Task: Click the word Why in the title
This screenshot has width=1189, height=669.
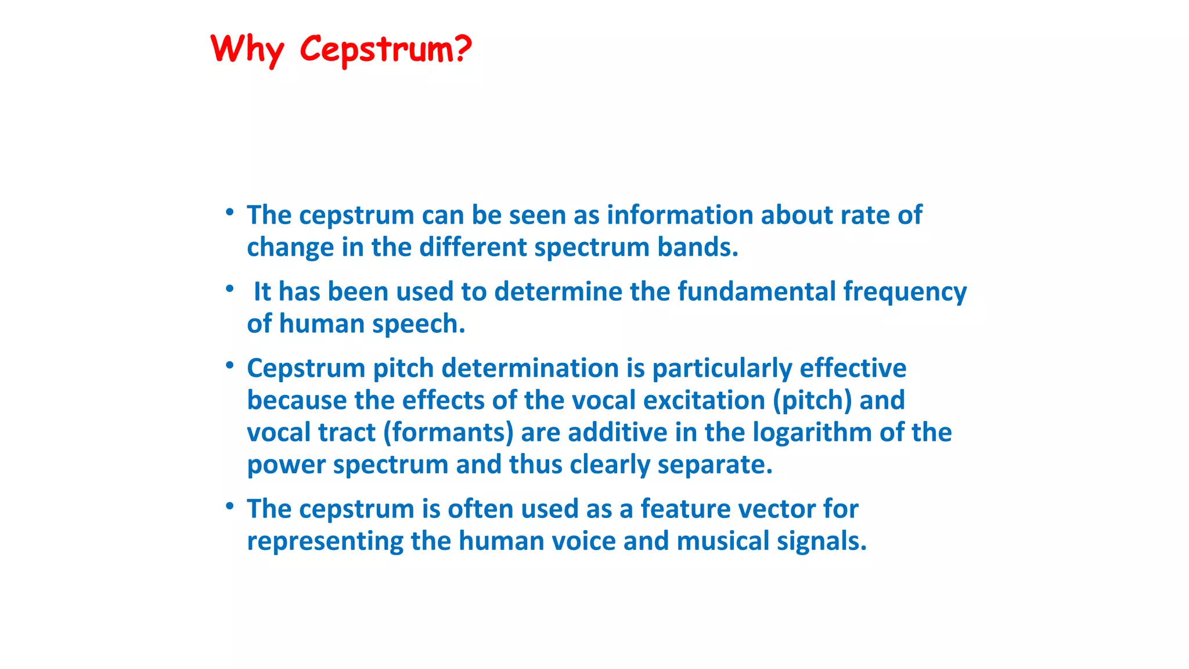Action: coord(247,49)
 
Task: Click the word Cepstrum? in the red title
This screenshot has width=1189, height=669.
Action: coord(385,49)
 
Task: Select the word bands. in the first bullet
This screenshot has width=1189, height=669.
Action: coord(697,247)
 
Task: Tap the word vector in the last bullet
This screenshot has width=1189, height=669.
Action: coord(777,509)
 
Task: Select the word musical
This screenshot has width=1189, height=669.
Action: coord(722,541)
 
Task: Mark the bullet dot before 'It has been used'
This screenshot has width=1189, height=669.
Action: coord(230,289)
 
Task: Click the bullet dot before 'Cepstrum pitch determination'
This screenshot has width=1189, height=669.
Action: coord(230,365)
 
